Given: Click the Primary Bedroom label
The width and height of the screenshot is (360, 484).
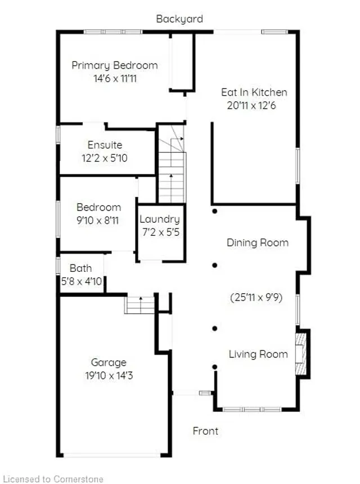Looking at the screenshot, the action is coord(114,65).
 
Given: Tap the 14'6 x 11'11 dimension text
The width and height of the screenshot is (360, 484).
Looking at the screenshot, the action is coord(115,78).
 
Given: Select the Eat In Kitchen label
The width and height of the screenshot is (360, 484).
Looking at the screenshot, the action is coord(254,92).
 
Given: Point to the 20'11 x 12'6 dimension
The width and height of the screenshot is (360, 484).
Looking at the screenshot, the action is coord(251,106).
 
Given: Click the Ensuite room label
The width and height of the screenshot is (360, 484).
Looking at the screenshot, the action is coord(105,145).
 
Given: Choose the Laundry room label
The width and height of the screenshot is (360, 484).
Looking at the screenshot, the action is coord(160,219).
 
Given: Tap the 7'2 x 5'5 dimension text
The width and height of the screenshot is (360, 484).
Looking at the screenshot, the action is coord(160,232).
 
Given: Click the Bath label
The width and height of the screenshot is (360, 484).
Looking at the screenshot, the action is coord(80,268).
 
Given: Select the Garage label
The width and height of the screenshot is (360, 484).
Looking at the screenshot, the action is coord(109,362).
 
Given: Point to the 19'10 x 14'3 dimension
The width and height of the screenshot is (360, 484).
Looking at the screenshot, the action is coord(109,375).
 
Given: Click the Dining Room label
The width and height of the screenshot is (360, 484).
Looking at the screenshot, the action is coord(258,243).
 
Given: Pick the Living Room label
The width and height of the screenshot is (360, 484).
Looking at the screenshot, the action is coord(258,355).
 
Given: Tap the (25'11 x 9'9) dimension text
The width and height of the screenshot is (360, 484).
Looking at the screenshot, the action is coord(256,298).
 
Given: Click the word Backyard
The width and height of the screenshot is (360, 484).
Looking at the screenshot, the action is coord(179,19).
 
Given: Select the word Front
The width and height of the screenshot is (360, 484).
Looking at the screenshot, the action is coord(205,431).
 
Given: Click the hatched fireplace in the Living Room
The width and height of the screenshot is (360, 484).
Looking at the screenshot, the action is coord(301,353).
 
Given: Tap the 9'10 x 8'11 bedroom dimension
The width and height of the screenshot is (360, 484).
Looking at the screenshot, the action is coord(97,221).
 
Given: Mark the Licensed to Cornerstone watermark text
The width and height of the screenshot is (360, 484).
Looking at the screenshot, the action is coord(53,479).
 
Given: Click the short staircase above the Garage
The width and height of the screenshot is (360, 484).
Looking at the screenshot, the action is coord(139,305).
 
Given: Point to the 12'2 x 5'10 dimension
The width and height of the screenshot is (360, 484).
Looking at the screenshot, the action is coord(104,158).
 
